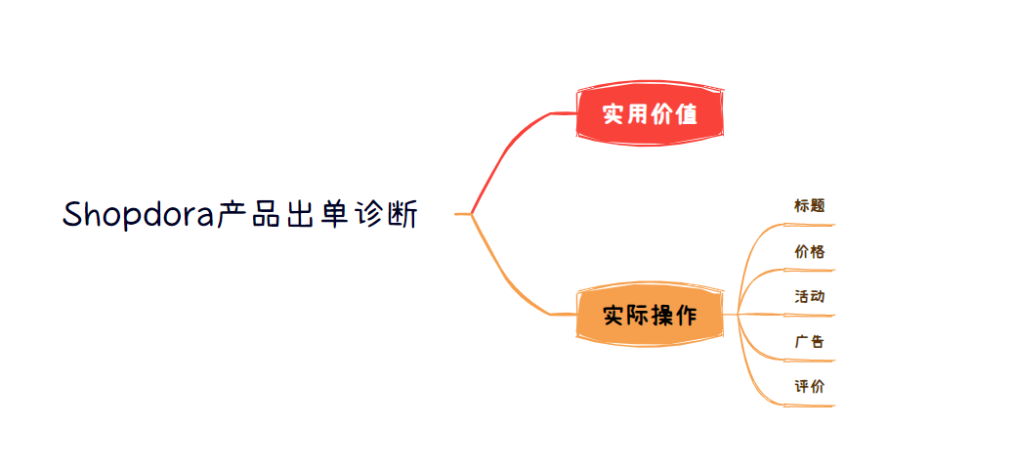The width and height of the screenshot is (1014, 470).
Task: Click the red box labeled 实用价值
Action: (x=650, y=114)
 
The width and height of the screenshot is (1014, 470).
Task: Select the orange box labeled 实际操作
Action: (x=650, y=316)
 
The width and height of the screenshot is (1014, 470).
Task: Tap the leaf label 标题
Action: (x=810, y=206)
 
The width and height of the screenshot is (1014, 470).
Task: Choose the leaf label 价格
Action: (x=810, y=251)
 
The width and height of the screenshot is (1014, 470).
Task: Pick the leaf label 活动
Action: (x=810, y=297)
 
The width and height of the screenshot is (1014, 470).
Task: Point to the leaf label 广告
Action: (x=810, y=342)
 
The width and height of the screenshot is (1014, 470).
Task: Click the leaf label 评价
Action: (x=810, y=387)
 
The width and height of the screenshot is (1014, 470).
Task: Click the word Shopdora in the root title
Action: (x=139, y=215)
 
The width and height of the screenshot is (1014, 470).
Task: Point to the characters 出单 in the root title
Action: (x=317, y=214)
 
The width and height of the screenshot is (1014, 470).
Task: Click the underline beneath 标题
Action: (x=809, y=225)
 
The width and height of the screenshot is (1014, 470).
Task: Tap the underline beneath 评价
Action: (x=809, y=406)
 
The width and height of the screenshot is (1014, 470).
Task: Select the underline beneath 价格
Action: (x=809, y=271)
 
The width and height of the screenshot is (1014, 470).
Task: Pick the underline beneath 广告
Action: (x=809, y=361)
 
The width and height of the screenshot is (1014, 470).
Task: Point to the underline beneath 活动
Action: (x=809, y=315)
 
